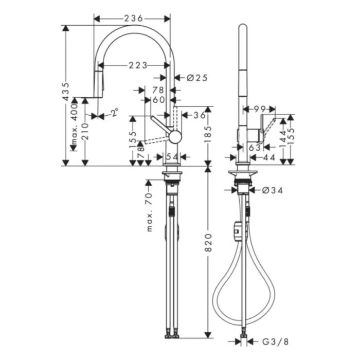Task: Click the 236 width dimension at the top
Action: (133, 19)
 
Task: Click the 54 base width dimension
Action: (173, 156)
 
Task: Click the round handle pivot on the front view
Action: (175, 136)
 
